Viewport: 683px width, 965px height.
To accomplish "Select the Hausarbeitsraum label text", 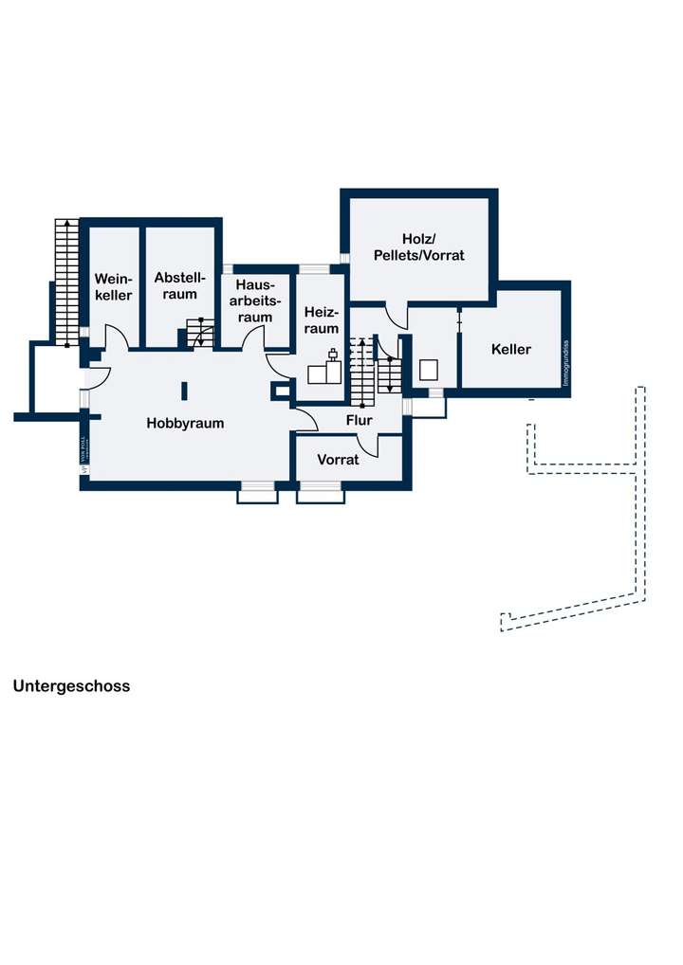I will coord(254,300).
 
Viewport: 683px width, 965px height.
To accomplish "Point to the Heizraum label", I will coord(322,319).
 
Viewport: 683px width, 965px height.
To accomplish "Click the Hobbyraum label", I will coord(185,423).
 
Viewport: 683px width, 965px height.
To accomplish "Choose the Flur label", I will coord(359,420).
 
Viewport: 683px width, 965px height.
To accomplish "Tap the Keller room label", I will coord(511,349).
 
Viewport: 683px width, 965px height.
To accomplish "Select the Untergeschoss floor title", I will coord(71,685).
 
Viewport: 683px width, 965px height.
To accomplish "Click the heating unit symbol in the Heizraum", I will coord(325,370).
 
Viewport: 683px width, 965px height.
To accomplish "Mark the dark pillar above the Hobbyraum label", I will coord(185,390).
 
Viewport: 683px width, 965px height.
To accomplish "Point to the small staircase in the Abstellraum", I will coord(199,333).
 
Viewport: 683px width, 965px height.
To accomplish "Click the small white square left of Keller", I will coord(428,369).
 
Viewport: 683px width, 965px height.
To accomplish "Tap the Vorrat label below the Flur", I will coord(338,460).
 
